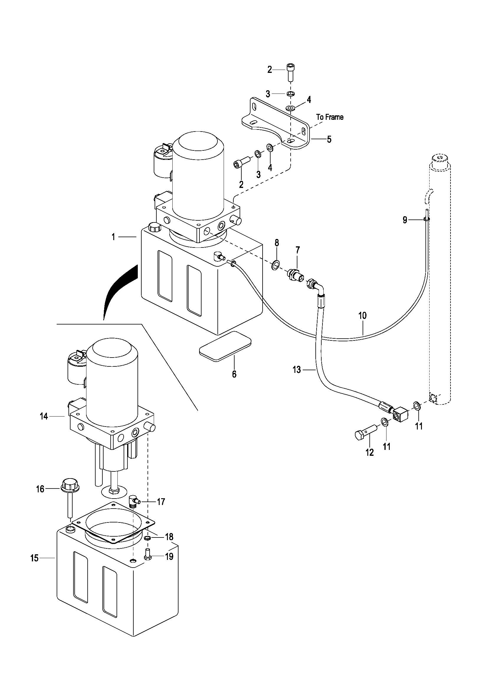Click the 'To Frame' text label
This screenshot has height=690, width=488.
pos(330,117)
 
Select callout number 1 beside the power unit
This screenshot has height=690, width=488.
pos(113,237)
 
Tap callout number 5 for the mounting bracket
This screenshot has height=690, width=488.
pos(329,140)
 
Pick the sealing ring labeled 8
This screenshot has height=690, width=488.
pos(276,265)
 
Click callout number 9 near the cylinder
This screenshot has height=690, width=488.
pos(405,220)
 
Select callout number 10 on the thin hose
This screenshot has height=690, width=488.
pos(362,316)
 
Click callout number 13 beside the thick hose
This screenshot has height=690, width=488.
pos(297,370)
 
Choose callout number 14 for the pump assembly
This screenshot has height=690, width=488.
pos(44,417)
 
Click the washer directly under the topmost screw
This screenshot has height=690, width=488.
pos(291,94)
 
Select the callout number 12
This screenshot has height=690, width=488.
pos(369,452)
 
